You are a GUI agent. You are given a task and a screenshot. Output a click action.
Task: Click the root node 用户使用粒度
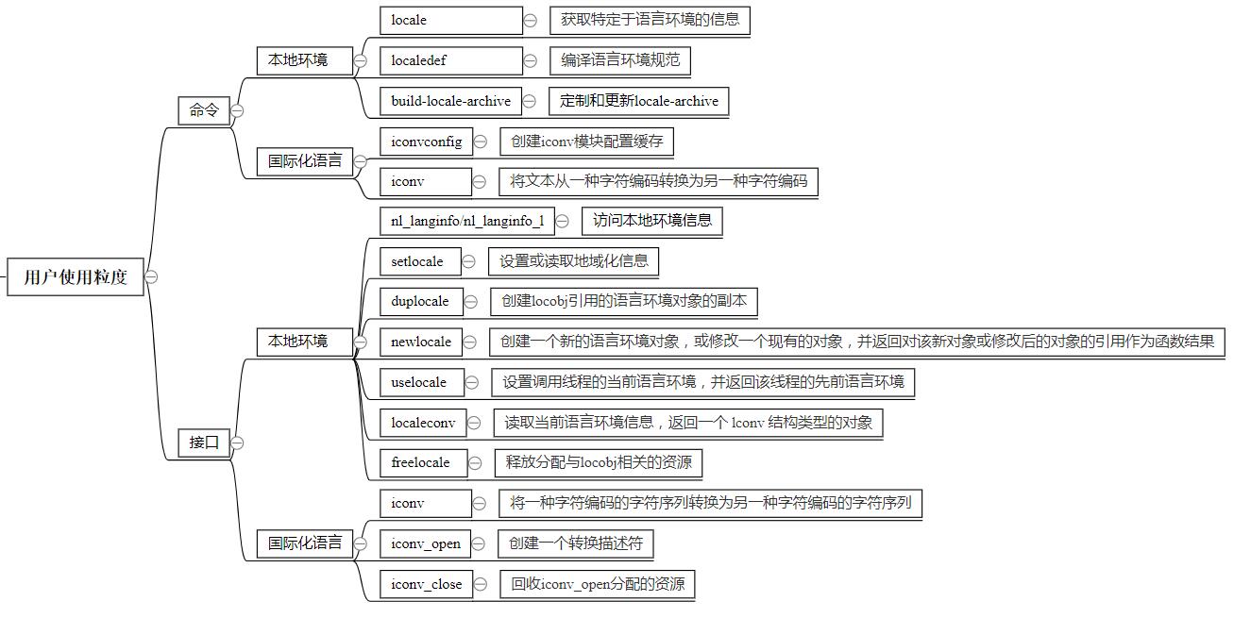click(x=76, y=276)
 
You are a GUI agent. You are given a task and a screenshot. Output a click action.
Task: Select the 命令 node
click(x=204, y=110)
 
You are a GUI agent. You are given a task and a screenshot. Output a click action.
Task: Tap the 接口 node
click(x=204, y=442)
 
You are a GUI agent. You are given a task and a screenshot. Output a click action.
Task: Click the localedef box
click(x=450, y=60)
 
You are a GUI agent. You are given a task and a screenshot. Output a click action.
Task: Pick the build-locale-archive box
click(x=450, y=101)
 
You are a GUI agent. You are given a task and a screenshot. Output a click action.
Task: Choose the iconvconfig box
click(x=426, y=142)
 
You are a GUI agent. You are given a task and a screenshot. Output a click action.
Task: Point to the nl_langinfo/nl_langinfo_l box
click(x=467, y=221)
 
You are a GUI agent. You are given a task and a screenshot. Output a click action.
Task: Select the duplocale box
click(x=420, y=301)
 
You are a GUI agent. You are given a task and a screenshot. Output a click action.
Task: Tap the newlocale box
click(x=421, y=342)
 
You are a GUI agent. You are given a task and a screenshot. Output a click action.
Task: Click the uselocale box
click(x=419, y=382)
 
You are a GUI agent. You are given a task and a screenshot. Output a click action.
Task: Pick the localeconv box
click(x=423, y=423)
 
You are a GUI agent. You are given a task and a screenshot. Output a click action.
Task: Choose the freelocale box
click(x=420, y=462)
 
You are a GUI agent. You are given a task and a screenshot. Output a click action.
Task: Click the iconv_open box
click(x=426, y=543)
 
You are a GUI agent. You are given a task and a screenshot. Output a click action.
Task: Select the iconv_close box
click(x=427, y=584)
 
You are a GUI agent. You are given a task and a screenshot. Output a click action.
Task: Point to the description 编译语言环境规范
click(x=619, y=60)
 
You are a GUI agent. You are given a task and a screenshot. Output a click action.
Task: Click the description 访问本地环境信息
click(x=651, y=221)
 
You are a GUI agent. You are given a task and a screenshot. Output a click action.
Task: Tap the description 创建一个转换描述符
click(x=575, y=543)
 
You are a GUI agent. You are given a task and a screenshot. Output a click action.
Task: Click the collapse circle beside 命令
click(x=237, y=110)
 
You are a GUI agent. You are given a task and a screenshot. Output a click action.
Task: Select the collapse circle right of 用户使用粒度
click(x=151, y=276)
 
